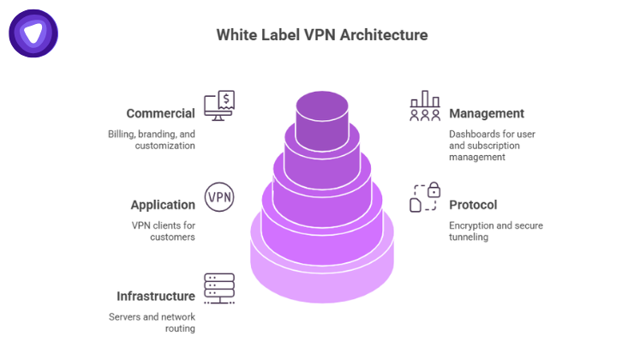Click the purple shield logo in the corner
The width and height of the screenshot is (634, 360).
click(x=33, y=33)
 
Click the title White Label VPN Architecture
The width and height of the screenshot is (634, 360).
click(x=321, y=35)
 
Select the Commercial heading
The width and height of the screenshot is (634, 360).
click(x=160, y=113)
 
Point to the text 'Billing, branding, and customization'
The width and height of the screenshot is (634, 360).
click(x=152, y=140)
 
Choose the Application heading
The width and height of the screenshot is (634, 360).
click(x=163, y=205)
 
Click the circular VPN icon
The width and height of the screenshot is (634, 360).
click(x=218, y=197)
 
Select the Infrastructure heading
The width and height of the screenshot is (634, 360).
click(x=156, y=297)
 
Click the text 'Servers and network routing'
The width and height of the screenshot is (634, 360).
click(x=152, y=323)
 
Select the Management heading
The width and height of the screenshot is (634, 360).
click(x=487, y=113)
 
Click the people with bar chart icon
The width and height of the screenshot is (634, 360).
click(x=425, y=106)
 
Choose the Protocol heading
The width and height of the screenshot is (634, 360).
click(x=473, y=205)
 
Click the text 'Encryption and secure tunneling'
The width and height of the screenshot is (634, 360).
click(x=496, y=231)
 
